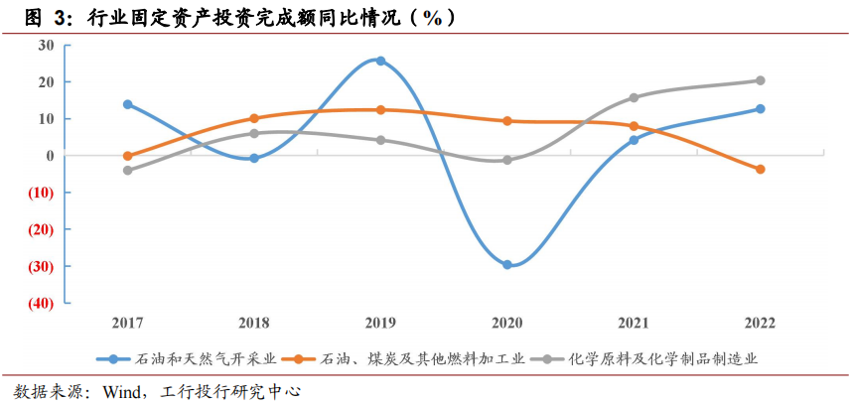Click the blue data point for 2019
pyautogui.click(x=380, y=61)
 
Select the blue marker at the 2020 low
pyautogui.click(x=507, y=265)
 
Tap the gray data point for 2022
pyautogui.click(x=760, y=80)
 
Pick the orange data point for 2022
pyautogui.click(x=760, y=170)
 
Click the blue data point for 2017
pyautogui.click(x=127, y=104)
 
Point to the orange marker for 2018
pyautogui.click(x=254, y=118)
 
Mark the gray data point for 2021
pyautogui.click(x=634, y=97)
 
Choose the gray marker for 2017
pyautogui.click(x=127, y=171)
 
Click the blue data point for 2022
pyautogui.click(x=760, y=109)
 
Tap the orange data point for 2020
pyautogui.click(x=507, y=121)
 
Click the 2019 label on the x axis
pyautogui.click(x=380, y=323)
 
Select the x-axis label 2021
pyautogui.click(x=634, y=323)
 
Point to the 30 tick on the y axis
pyautogui.click(x=46, y=45)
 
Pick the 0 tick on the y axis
pyautogui.click(x=50, y=155)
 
